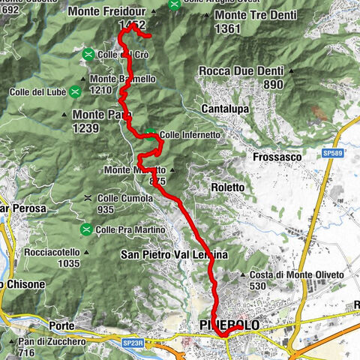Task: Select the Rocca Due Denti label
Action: pos(241,72)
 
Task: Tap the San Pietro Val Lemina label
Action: pos(174,255)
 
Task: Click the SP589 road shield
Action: pos(334,152)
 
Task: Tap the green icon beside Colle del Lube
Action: pos(75,92)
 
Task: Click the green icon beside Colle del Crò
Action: pos(88,54)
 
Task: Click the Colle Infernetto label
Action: pos(191,135)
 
